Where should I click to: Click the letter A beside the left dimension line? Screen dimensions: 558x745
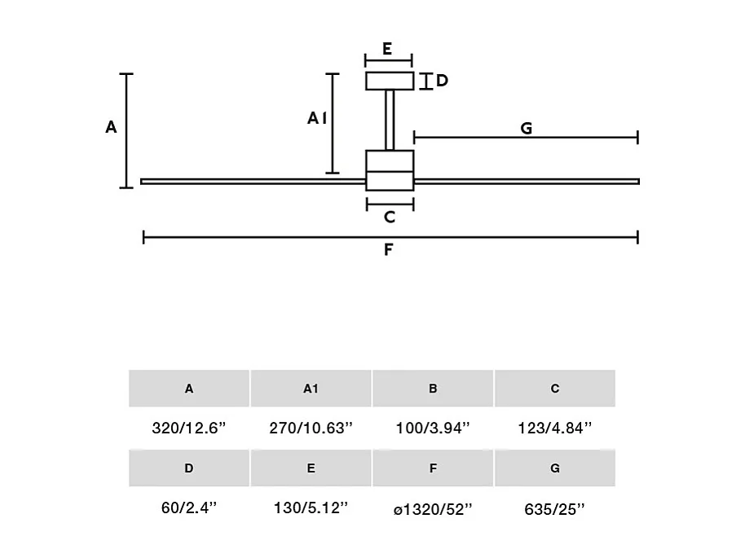click(112, 127)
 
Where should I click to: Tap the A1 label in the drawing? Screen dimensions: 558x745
click(317, 119)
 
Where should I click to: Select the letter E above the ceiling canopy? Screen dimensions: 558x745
click(387, 50)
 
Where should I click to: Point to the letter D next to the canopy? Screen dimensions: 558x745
click(442, 81)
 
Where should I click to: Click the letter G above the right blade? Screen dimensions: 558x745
click(526, 128)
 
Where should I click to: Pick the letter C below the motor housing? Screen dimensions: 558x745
click(390, 217)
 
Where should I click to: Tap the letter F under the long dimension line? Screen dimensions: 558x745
click(389, 250)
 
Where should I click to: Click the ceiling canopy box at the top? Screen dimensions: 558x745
click(389, 81)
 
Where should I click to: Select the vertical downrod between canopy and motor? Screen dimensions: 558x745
click(390, 120)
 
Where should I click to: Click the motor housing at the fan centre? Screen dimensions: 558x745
click(390, 170)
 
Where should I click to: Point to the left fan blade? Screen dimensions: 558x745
click(253, 181)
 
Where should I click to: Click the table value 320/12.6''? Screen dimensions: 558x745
click(188, 428)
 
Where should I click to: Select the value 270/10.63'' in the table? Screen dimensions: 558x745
click(311, 428)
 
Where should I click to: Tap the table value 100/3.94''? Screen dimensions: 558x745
click(433, 428)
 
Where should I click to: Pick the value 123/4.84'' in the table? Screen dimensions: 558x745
click(555, 428)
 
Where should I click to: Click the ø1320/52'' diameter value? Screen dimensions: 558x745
click(433, 509)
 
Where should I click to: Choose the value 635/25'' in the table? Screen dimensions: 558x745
click(555, 509)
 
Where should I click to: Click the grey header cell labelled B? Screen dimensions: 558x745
click(433, 389)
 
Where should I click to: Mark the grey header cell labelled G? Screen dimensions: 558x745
click(555, 468)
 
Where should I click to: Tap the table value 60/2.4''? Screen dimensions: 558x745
click(188, 509)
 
